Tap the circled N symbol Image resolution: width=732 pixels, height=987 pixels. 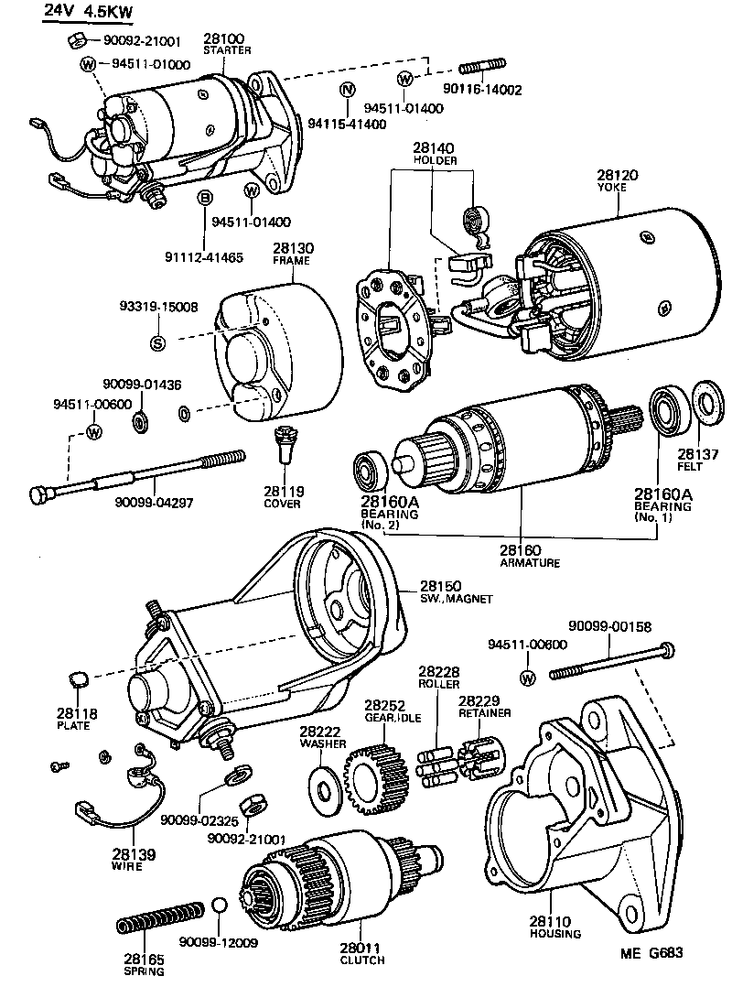[x=346, y=90]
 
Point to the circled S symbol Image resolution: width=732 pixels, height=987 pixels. [x=157, y=343]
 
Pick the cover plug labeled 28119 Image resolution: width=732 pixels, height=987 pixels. [x=286, y=447]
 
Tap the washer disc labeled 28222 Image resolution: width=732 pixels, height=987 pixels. [x=324, y=786]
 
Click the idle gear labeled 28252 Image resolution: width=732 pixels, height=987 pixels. [x=370, y=775]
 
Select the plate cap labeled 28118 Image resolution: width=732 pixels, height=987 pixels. [x=77, y=678]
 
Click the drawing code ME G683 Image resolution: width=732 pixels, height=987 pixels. [x=651, y=952]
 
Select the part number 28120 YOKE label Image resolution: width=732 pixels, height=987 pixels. [x=617, y=173]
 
